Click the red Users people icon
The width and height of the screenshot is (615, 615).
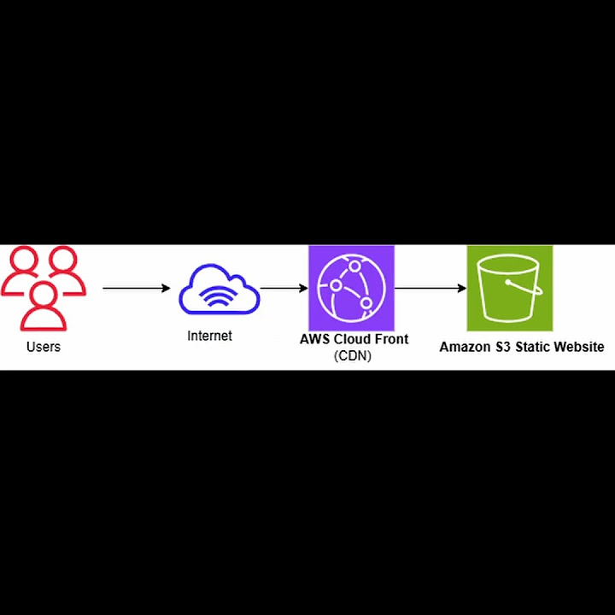coord(43,287)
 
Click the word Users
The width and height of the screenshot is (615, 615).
coord(44,347)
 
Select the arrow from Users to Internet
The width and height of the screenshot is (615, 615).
coord(137,288)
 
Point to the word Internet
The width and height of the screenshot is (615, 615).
coord(209,337)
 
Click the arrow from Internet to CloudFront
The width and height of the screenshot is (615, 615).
coord(284,288)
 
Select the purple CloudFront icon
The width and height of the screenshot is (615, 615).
coord(351,287)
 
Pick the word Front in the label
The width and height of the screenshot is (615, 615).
coord(392,339)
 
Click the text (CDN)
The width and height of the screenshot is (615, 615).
coord(352,356)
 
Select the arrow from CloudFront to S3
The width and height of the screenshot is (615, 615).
coord(430,288)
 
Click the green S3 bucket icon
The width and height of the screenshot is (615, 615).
coord(509,288)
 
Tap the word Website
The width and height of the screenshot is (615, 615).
coord(581,347)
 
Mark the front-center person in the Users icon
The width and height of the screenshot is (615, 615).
coord(44,307)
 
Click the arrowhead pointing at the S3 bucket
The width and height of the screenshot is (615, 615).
coord(462,288)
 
